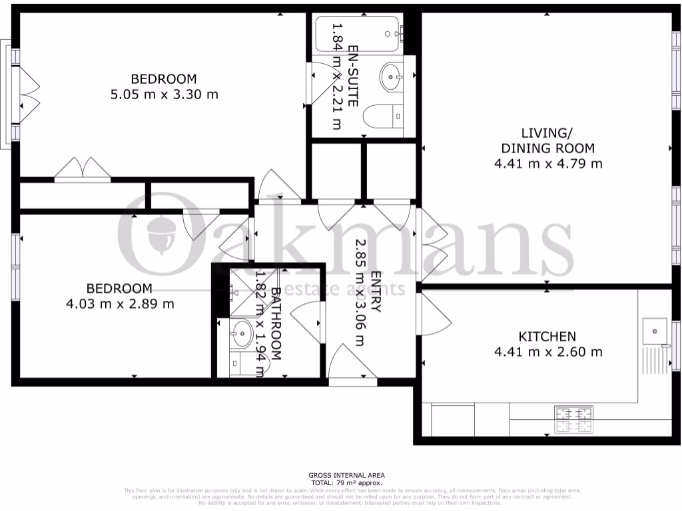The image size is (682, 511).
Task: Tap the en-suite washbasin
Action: (392, 76)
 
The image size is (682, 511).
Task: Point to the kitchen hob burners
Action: (573, 419)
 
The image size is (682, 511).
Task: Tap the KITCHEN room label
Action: (547, 336)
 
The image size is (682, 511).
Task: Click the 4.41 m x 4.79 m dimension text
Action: (547, 163)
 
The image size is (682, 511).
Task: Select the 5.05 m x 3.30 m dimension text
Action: (164, 94)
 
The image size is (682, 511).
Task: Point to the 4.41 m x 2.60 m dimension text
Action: (547, 352)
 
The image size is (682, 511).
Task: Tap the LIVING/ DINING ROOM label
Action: (547, 140)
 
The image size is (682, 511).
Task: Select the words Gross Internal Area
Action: (346, 475)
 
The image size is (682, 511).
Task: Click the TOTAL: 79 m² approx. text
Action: (346, 482)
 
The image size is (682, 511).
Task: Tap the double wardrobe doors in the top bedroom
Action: (83, 170)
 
